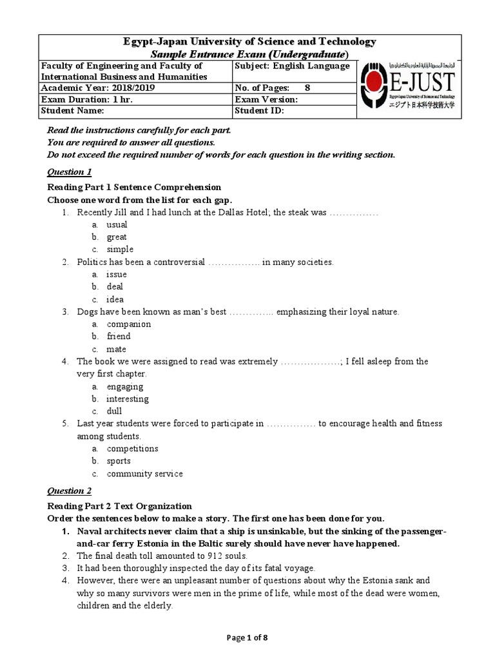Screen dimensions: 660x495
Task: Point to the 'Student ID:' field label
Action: coord(259,111)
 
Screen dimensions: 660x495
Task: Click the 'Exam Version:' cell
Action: coord(266,99)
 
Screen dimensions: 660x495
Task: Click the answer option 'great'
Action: coord(117,237)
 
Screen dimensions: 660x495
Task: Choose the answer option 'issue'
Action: coord(117,275)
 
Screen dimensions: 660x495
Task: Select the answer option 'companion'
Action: coord(129,324)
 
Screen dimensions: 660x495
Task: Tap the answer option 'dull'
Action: coord(114,411)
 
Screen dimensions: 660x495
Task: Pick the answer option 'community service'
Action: coord(144,474)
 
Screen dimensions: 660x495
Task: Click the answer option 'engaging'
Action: coord(125,387)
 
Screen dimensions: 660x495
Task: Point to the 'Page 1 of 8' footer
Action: coord(247,638)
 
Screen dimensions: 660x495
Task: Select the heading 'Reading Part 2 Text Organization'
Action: coord(120,506)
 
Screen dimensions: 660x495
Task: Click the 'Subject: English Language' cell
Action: coord(293,66)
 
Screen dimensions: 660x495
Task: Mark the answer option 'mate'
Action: coord(117,349)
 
